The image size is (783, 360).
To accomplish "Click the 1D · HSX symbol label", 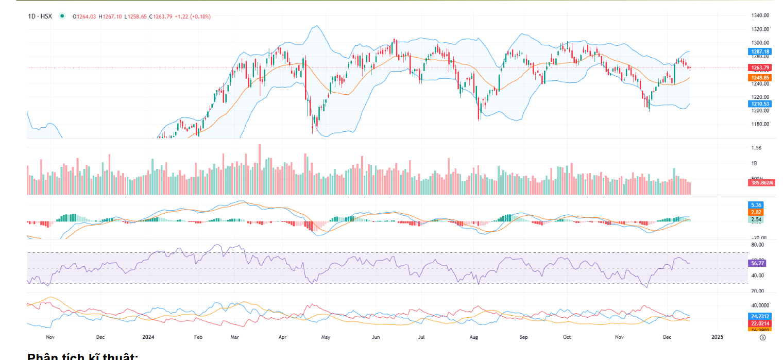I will click(x=40, y=16).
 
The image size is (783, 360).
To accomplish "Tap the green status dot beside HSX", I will click(x=62, y=16).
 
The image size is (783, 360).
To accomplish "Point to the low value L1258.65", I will click(x=135, y=16).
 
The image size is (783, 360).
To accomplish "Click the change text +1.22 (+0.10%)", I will click(x=193, y=16).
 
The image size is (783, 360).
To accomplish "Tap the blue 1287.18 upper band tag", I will click(x=759, y=52).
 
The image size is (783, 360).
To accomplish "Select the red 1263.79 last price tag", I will click(x=759, y=67).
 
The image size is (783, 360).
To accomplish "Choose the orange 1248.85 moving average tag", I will click(x=759, y=78).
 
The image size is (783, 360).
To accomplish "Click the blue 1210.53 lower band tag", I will click(x=759, y=104).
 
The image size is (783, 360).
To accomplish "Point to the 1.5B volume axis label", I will click(x=756, y=148).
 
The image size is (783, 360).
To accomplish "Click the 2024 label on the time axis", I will click(x=148, y=337).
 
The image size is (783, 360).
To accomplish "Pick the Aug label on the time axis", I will click(x=474, y=337).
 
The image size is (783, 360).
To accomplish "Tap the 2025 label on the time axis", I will click(x=717, y=337).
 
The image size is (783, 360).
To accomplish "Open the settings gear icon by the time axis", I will click(x=763, y=337).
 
